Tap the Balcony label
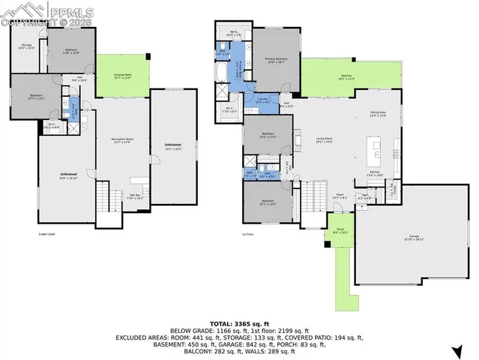[x=346, y=76]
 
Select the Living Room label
[x=324, y=139]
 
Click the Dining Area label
[x=378, y=114]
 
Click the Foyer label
[x=340, y=196]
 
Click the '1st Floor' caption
[x=246, y=234]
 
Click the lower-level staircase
[x=103, y=199]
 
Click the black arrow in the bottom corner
[x=457, y=350]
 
